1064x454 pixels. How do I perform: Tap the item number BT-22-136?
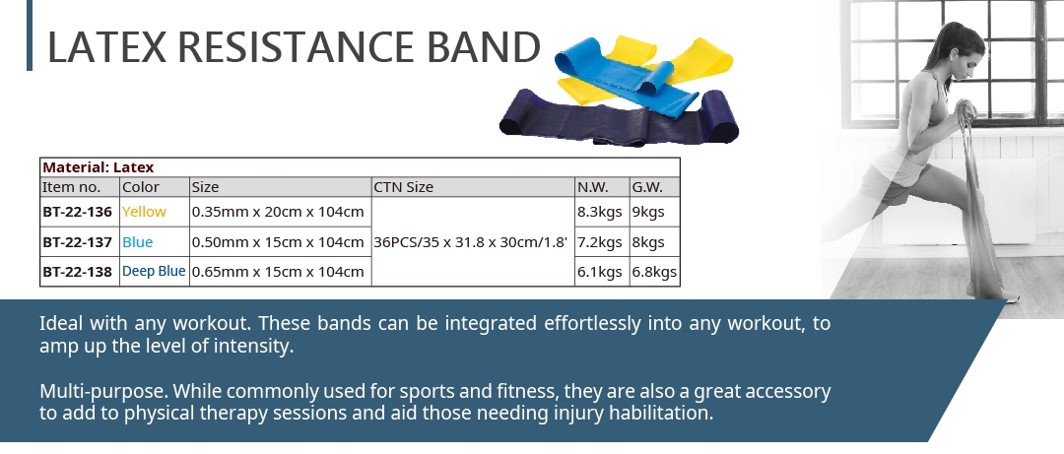[x=78, y=212]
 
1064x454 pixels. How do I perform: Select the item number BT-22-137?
[x=78, y=242]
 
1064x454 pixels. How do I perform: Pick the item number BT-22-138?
[x=78, y=272]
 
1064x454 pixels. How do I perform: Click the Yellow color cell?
[x=144, y=212]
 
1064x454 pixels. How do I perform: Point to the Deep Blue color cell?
[x=154, y=272]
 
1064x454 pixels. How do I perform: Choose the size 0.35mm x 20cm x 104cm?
[x=278, y=212]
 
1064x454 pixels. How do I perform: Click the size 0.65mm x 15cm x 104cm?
[x=278, y=272]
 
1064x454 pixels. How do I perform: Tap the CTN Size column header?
[x=404, y=187]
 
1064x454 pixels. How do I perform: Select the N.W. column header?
[x=593, y=187]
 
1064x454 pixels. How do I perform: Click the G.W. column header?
[x=646, y=187]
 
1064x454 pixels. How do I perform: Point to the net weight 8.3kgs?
[x=600, y=212]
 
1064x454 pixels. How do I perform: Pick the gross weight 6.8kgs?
[x=654, y=272]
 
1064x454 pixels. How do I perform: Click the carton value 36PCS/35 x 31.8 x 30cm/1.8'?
[x=470, y=242]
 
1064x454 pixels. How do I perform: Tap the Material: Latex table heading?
[x=99, y=167]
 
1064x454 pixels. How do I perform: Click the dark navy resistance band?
[x=618, y=120]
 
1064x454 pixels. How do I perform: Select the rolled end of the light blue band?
[x=654, y=78]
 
